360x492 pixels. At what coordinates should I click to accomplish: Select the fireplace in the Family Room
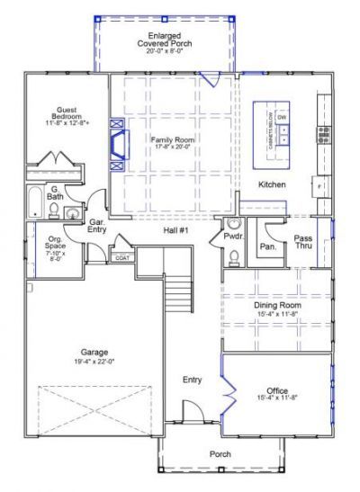tap(116, 145)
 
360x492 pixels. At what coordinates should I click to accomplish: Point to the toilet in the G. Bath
tap(55, 212)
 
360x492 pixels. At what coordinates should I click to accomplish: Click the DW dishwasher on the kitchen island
tap(282, 118)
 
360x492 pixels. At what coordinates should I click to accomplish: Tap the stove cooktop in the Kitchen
tap(323, 135)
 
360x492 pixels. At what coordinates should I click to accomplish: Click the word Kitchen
tap(272, 184)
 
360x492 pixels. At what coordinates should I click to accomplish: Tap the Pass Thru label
tap(303, 242)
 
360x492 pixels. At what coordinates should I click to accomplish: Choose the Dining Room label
tap(277, 306)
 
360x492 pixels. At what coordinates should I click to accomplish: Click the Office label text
tap(277, 389)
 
